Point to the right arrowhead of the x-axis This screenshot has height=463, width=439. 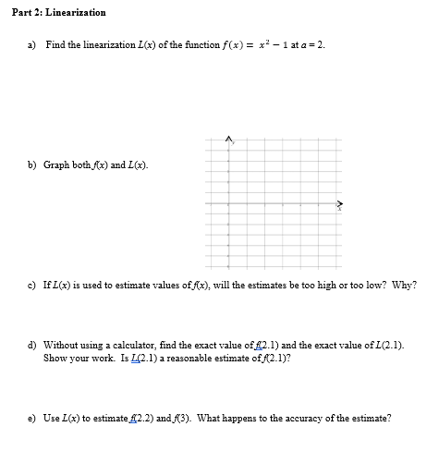(339, 204)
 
